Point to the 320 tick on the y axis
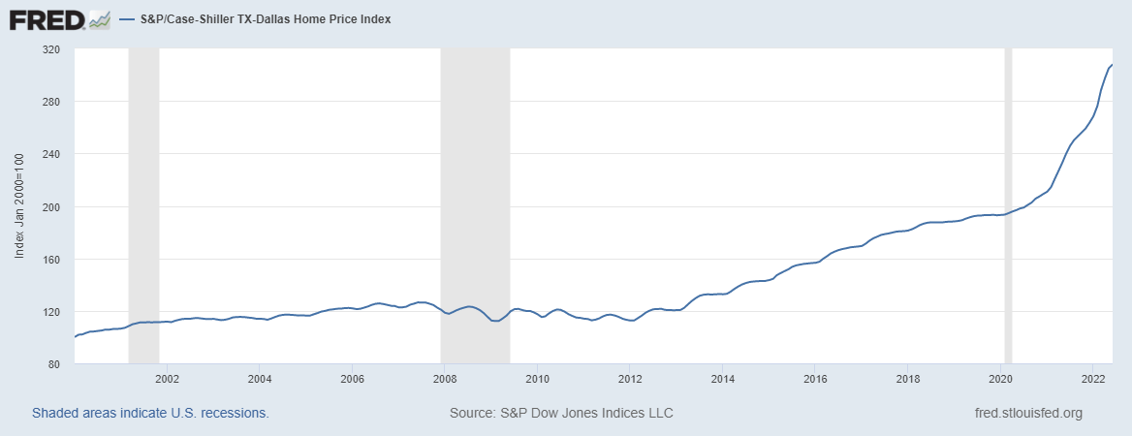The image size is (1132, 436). [x=51, y=49]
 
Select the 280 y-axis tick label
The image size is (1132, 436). [x=51, y=102]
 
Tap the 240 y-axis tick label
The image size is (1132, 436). [x=51, y=154]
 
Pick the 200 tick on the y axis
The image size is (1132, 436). [x=51, y=207]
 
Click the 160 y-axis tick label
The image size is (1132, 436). [x=51, y=260]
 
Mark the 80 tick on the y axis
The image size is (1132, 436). [x=54, y=364]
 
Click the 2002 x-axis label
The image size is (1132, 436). [x=167, y=378]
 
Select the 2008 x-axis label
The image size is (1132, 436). [x=445, y=378]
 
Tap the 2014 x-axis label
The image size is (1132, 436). [x=722, y=378]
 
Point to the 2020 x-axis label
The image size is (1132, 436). [x=1001, y=378]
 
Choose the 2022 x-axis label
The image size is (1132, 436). [x=1093, y=378]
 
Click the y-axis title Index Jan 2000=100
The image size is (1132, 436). [x=19, y=206]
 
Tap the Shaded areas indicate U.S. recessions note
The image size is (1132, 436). [x=150, y=414]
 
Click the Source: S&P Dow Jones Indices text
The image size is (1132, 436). [x=561, y=414]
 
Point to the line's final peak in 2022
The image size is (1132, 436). [x=1112, y=65]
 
